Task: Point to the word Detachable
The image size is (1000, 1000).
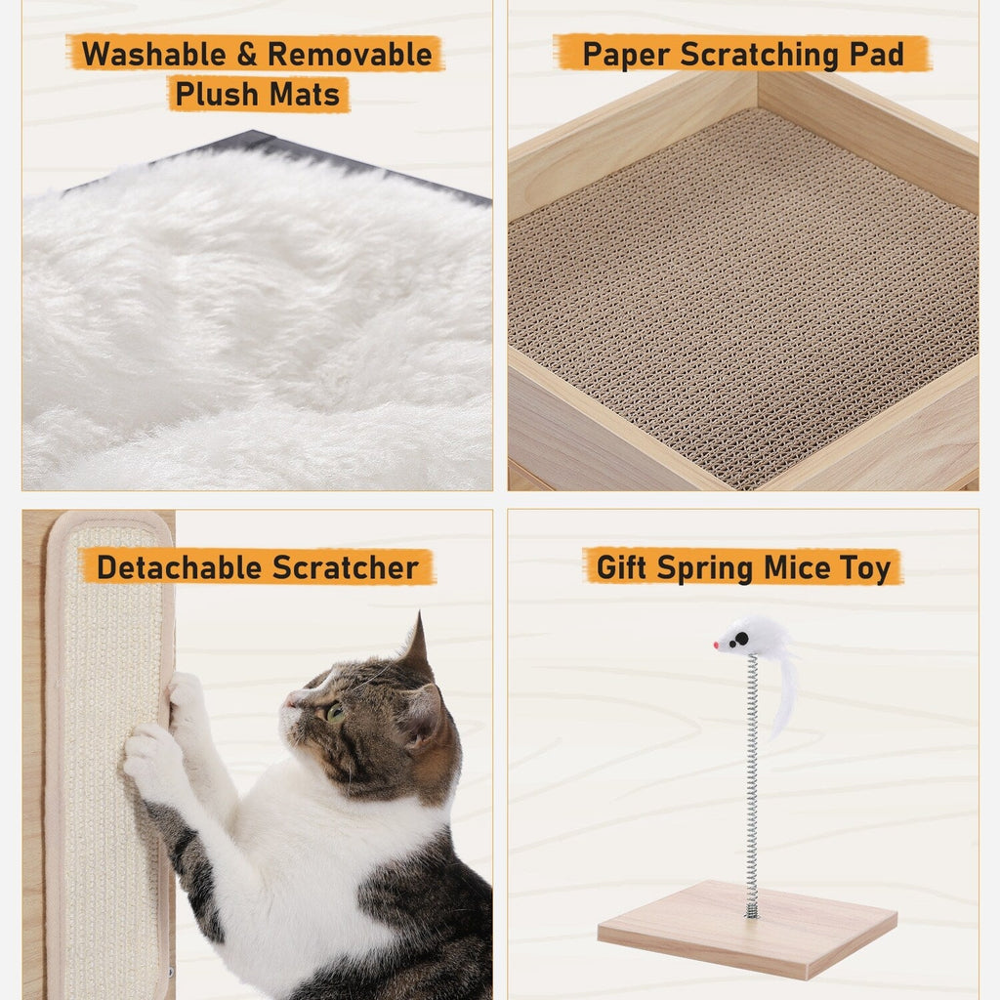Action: [x=178, y=567]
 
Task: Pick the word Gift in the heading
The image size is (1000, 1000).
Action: [x=622, y=567]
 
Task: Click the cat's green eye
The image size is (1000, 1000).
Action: [x=335, y=712]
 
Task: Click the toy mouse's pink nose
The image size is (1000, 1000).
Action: [x=717, y=646]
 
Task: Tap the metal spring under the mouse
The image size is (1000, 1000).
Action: [x=751, y=781]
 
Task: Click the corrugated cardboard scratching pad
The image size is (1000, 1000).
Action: [x=742, y=293]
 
